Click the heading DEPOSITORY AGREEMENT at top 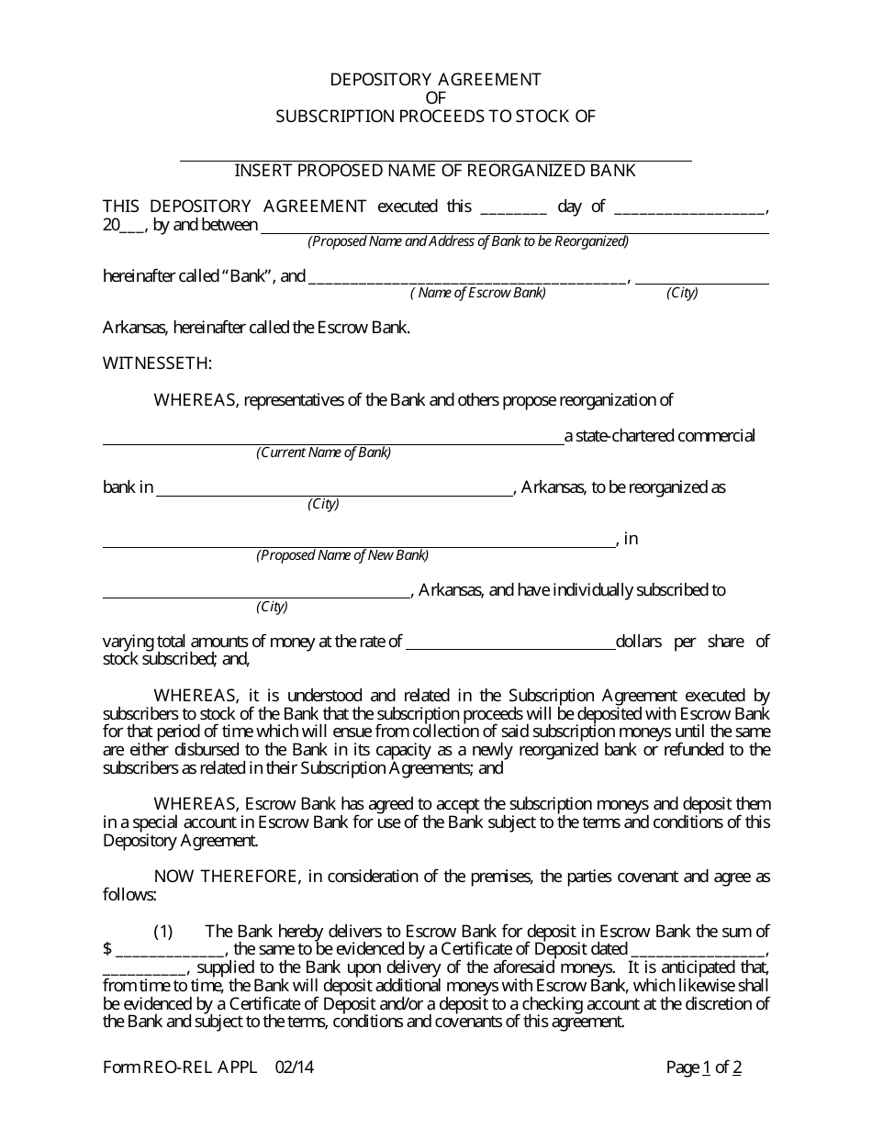435,80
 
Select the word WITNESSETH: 157,363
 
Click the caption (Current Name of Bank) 323,453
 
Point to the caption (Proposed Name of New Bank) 341,555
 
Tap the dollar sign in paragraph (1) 107,949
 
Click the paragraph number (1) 162,932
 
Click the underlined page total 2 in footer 737,1068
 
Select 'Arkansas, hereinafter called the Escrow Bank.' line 256,328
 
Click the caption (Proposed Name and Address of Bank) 467,241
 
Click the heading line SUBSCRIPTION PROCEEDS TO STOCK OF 435,117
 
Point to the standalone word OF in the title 435,98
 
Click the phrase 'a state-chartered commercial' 659,436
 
